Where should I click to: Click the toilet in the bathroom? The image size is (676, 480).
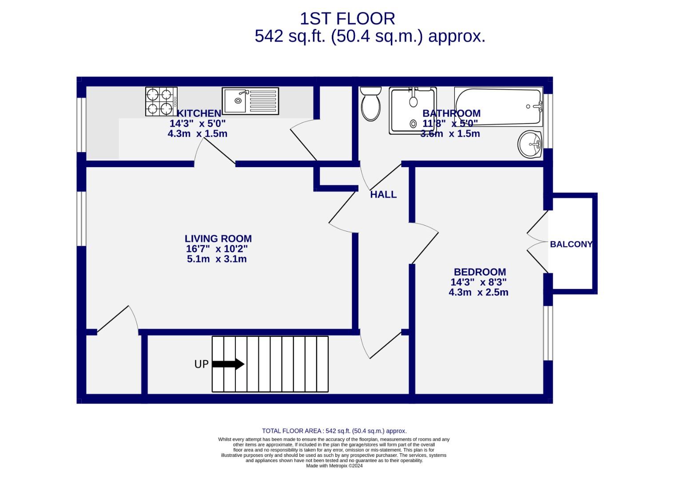(x=371, y=104)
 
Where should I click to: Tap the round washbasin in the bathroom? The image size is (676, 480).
(x=530, y=144)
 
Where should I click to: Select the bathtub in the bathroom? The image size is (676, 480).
(x=498, y=107)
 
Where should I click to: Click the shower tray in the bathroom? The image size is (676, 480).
(x=413, y=111)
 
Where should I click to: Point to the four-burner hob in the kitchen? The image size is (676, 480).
(x=161, y=101)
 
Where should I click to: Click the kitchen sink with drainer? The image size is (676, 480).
(x=250, y=101)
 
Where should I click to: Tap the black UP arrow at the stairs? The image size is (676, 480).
(x=228, y=364)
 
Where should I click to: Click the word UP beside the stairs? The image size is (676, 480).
(x=201, y=364)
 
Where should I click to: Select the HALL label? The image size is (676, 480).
(x=383, y=195)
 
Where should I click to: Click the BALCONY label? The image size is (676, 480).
(x=571, y=244)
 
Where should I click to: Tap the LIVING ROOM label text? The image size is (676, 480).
(x=218, y=239)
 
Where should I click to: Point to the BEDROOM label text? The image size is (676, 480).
(x=480, y=272)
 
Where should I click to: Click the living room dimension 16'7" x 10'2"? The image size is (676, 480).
(x=217, y=249)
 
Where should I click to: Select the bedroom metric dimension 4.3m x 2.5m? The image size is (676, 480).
(x=478, y=292)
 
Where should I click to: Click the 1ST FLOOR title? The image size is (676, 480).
(x=347, y=19)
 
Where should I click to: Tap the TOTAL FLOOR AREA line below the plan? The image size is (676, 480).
(x=334, y=431)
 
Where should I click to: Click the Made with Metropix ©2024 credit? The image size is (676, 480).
(x=334, y=466)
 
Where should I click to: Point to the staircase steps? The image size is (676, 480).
(x=270, y=364)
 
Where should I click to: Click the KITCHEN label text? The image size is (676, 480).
(x=199, y=113)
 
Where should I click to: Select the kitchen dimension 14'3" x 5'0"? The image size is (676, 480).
(x=198, y=123)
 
